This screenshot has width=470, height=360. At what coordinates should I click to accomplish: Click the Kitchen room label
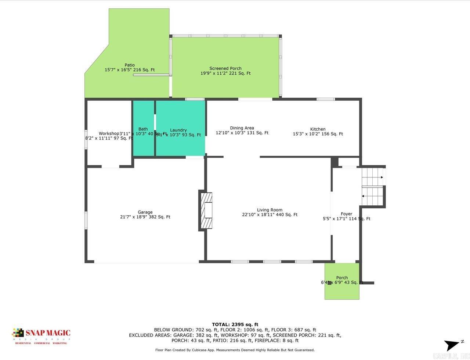[318, 129]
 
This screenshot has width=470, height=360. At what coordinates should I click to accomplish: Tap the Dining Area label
[242, 128]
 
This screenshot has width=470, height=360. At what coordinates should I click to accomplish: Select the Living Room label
[270, 210]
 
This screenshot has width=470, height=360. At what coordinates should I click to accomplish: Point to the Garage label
[145, 212]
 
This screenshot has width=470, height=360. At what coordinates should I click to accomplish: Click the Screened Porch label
[225, 68]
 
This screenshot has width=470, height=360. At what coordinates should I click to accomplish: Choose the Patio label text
[130, 65]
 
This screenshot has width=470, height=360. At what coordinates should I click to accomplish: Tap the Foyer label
[346, 214]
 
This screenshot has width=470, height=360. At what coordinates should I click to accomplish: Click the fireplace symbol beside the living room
[207, 210]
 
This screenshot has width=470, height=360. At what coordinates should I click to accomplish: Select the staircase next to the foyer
[373, 187]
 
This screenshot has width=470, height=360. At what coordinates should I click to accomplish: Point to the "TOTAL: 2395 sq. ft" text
[235, 324]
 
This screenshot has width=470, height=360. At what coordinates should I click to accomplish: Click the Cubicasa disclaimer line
[235, 350]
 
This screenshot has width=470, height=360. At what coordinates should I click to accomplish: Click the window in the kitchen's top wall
[326, 99]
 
